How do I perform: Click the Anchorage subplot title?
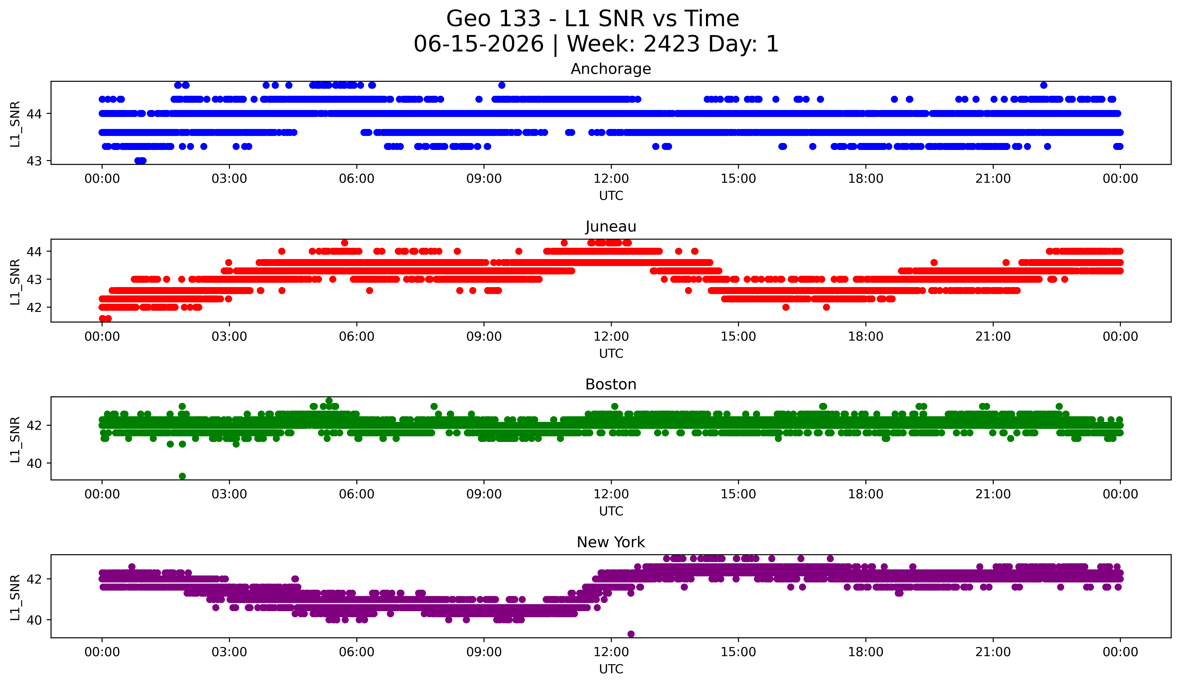coord(611,69)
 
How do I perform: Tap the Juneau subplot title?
coord(611,227)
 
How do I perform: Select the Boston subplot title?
coord(611,384)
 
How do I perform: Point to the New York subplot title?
coord(611,542)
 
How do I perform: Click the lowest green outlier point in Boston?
coord(182,476)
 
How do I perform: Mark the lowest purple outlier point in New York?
coord(631,634)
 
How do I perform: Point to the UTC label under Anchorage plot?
coord(611,196)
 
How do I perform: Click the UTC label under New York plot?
coord(611,669)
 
